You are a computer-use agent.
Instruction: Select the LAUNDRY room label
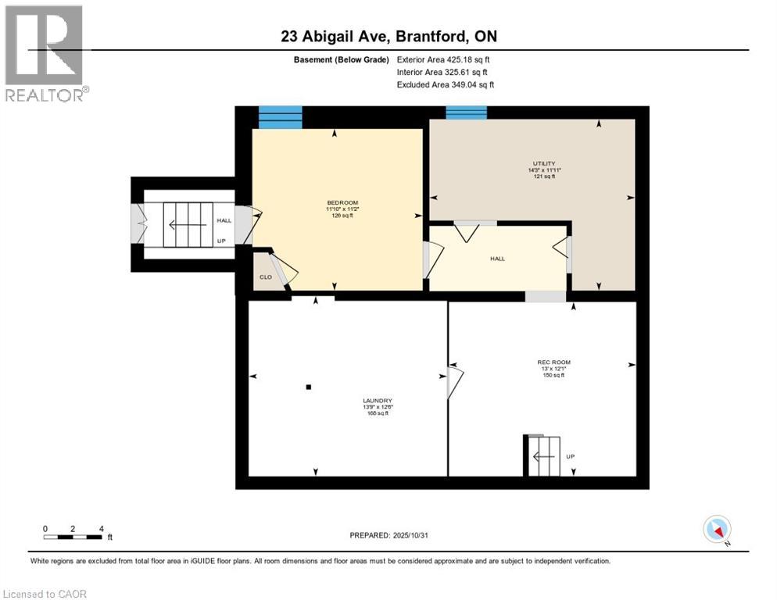coord(377,401)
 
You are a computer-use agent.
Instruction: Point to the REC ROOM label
coord(553,362)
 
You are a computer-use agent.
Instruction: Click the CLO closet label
coord(266,277)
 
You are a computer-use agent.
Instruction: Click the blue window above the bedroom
coord(280,117)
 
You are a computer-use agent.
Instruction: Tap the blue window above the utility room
coord(466,112)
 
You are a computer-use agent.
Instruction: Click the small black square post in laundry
coord(309,387)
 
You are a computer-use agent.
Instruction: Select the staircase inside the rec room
coord(542,455)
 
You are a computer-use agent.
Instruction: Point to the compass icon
coord(717,530)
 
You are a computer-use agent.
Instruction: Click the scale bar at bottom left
coord(73,537)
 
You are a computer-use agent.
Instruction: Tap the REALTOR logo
coord(45,54)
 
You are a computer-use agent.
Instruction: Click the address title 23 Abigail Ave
coord(388,36)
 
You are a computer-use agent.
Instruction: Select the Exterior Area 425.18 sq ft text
coord(443,59)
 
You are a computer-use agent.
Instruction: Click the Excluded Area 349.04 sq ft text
coord(445,84)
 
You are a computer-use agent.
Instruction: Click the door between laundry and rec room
coord(454,383)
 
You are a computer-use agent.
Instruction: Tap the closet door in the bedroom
coord(282,267)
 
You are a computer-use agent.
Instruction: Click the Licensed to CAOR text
coord(45,594)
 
